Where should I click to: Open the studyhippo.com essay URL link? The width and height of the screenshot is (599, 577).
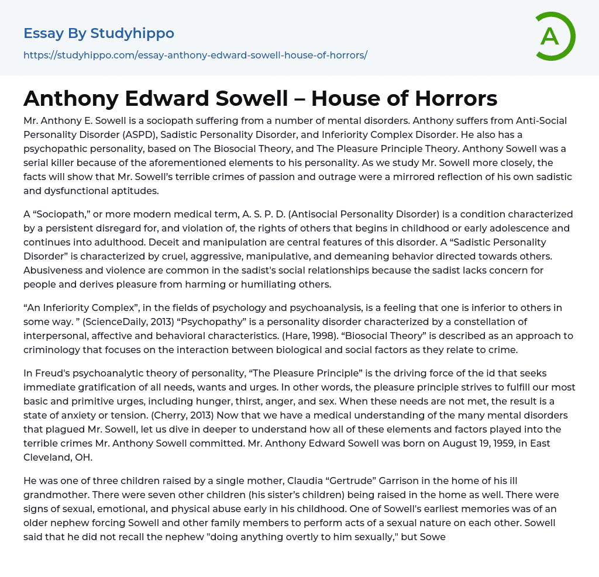pos(195,56)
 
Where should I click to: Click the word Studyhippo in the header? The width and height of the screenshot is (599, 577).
pos(132,33)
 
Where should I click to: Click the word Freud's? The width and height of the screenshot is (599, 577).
pos(50,373)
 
